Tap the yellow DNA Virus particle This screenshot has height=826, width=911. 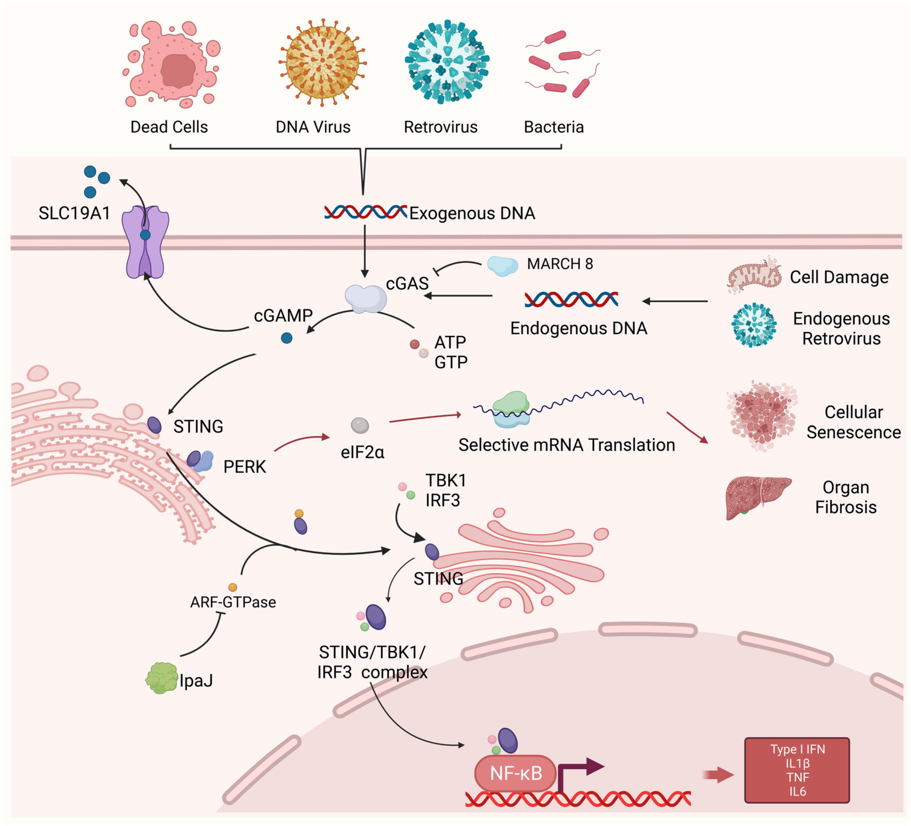(322, 62)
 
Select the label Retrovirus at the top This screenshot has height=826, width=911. (440, 127)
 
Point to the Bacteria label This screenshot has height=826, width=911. (553, 127)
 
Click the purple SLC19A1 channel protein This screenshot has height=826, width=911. (145, 242)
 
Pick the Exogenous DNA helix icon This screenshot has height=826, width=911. (365, 212)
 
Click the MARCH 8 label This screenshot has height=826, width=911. (559, 264)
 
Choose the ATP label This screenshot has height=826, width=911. (450, 343)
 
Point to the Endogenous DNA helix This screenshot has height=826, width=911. (571, 299)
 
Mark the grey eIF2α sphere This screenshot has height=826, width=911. (360, 425)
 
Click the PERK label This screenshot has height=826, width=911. (245, 467)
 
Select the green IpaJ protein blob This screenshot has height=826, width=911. (161, 678)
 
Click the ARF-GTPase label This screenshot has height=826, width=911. (233, 602)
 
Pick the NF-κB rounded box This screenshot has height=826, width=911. (515, 773)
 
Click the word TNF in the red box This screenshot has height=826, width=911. (797, 777)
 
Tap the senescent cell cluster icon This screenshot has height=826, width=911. (761, 416)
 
